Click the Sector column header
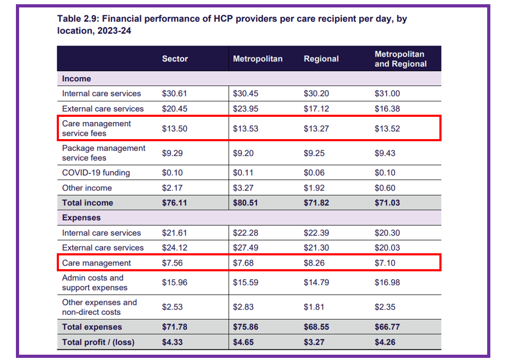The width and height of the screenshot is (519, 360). [x=175, y=59]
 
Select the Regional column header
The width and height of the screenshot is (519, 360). [x=321, y=59]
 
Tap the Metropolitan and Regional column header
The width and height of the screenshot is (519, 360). [x=400, y=59]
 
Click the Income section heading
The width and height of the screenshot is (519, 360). [x=76, y=79]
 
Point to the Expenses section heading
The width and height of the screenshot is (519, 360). [x=81, y=218]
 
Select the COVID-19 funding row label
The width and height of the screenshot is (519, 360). [x=96, y=173]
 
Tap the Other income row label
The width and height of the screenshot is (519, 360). [x=87, y=188]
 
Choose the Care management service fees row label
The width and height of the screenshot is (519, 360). [x=96, y=128]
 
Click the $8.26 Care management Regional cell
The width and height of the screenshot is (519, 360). [x=315, y=263]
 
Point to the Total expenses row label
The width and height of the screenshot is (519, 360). [x=92, y=327]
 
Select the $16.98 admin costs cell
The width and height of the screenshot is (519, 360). [x=387, y=282]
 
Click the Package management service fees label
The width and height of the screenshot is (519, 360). [x=103, y=153]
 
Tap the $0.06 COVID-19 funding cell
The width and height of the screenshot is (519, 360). [x=315, y=173]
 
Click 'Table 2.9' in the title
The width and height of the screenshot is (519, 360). [x=76, y=19]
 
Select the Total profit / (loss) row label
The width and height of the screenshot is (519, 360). [x=98, y=342]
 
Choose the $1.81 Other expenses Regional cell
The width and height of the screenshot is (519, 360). [x=315, y=307]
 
